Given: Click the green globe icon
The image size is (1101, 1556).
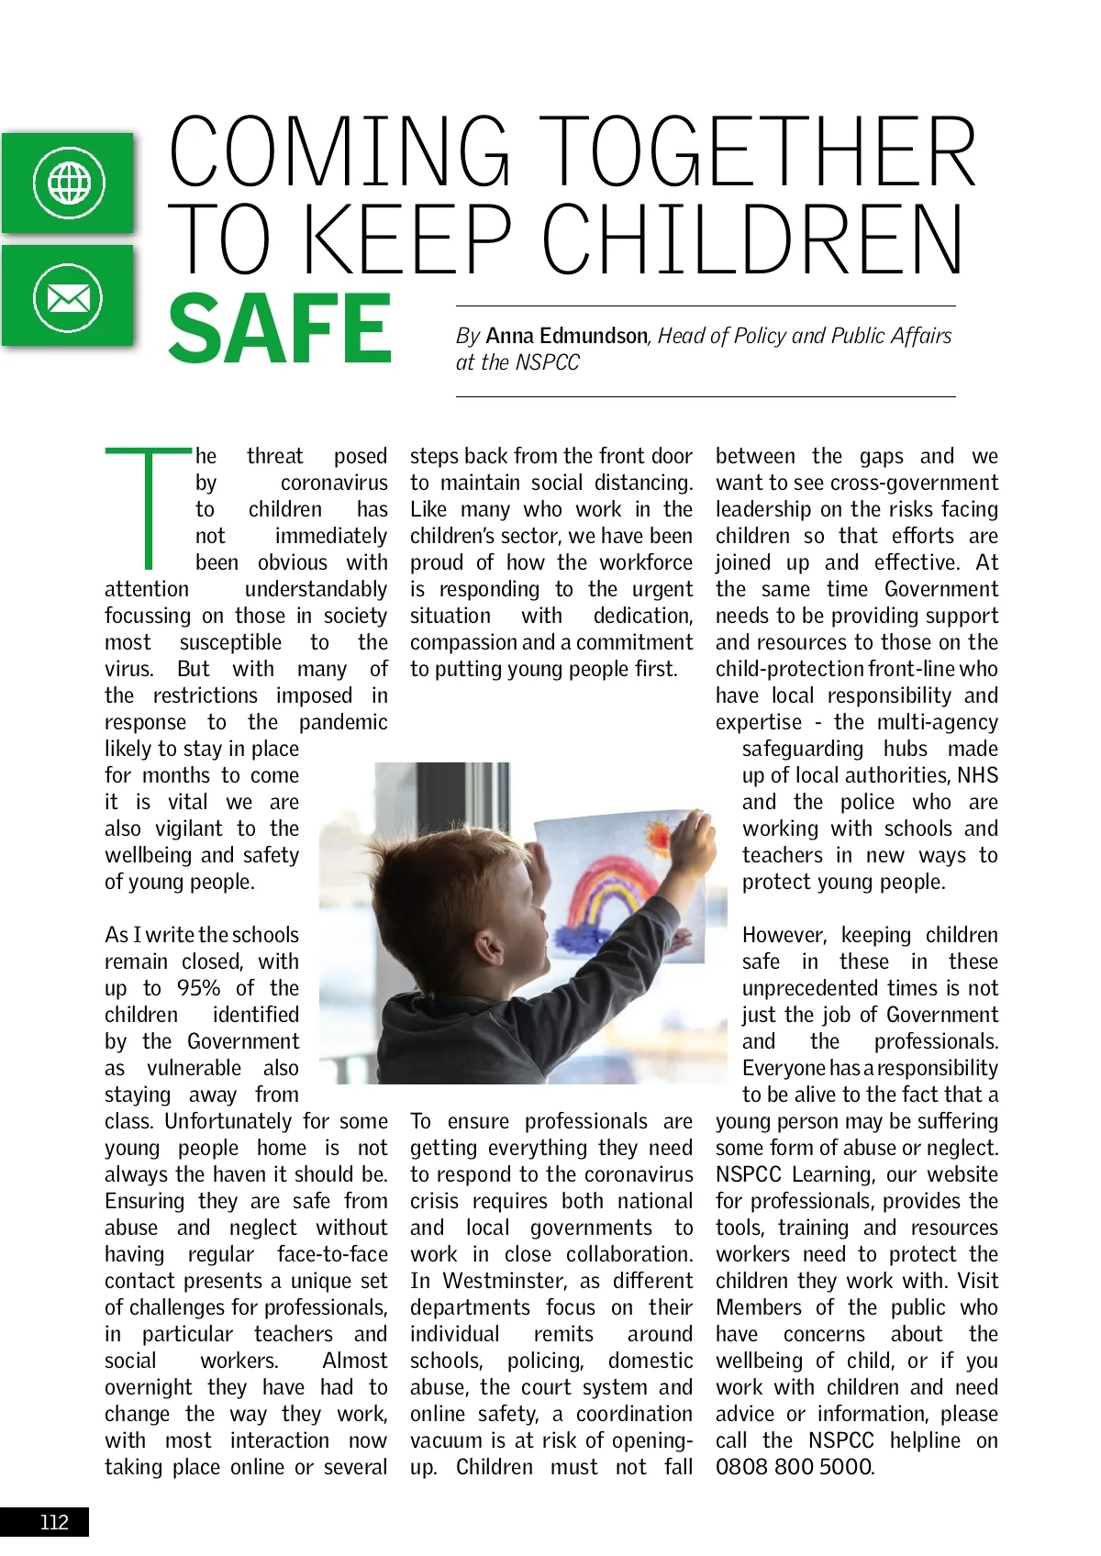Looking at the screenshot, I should click(69, 183).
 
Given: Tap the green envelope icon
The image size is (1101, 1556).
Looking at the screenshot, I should click(69, 296).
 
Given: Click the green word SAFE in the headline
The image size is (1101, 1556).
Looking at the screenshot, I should click(280, 329).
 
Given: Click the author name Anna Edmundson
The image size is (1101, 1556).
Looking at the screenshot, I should click(566, 336).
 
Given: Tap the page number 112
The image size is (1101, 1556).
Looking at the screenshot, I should click(54, 1522).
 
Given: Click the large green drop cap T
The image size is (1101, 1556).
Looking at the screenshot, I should click(148, 506).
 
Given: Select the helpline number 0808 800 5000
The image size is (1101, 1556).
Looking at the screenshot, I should click(795, 1467).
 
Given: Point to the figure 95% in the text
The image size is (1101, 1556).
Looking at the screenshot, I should click(198, 988).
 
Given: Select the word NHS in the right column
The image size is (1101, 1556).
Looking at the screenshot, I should click(977, 775).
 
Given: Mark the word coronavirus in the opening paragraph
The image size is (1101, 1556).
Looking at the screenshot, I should click(334, 483).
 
